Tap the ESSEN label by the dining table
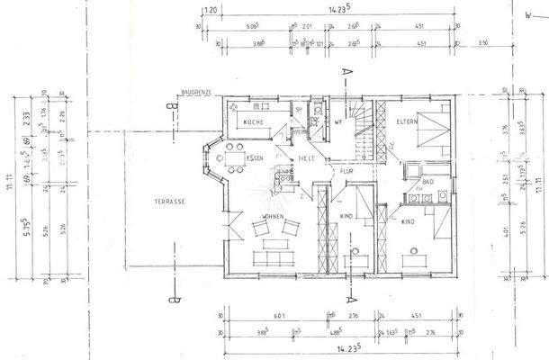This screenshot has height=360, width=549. click(256, 158)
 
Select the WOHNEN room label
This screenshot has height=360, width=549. click(274, 217)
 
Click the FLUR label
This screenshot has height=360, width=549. click(346, 169)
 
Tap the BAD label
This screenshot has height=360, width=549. click(428, 181)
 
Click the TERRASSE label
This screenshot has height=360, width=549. click(169, 202)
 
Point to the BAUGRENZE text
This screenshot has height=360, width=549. click(195, 92)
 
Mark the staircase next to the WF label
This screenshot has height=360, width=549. click(363, 126)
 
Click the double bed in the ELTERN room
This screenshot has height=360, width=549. click(434, 133)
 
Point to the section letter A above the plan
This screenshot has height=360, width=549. click(344, 72)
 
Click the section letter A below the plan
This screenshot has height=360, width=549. click(346, 292)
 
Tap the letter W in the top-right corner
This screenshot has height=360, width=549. click(520, 15)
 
